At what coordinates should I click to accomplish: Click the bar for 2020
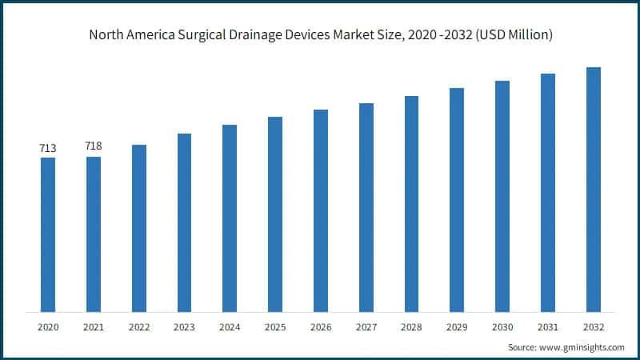pyautogui.click(x=48, y=234)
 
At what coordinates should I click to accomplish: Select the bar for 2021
pyautogui.click(x=94, y=234)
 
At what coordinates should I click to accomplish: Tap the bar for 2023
pyautogui.click(x=184, y=222)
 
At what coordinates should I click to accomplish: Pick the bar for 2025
pyautogui.click(x=275, y=214)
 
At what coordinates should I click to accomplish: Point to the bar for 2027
pyautogui.click(x=366, y=207)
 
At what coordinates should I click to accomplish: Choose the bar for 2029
pyautogui.click(x=457, y=199)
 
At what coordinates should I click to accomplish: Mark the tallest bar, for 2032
pyautogui.click(x=594, y=189)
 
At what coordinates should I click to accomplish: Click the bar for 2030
pyautogui.click(x=502, y=196)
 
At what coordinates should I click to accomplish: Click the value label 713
pyautogui.click(x=48, y=148)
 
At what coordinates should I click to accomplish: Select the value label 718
pyautogui.click(x=94, y=146)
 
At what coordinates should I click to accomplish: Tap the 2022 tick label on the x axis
pyautogui.click(x=139, y=327)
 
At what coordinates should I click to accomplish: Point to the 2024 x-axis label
pyautogui.click(x=230, y=327)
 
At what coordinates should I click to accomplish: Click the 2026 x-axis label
pyautogui.click(x=321, y=327)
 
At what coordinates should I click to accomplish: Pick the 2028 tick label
pyautogui.click(x=411, y=327)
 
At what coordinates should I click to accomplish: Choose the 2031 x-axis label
pyautogui.click(x=548, y=327)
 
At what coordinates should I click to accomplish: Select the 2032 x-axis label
pyautogui.click(x=594, y=327)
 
